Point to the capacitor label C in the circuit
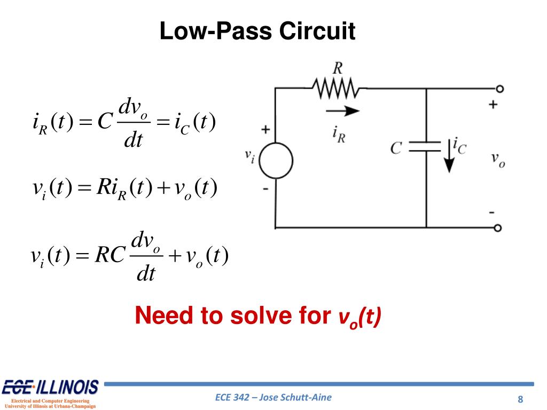coord(396,147)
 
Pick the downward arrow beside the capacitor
coord(448,155)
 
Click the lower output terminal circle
coord(498,228)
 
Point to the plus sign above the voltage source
coord(265,130)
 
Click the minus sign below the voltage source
coord(265,190)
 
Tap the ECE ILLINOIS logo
coord(51,388)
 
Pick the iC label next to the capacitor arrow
coord(459,145)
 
